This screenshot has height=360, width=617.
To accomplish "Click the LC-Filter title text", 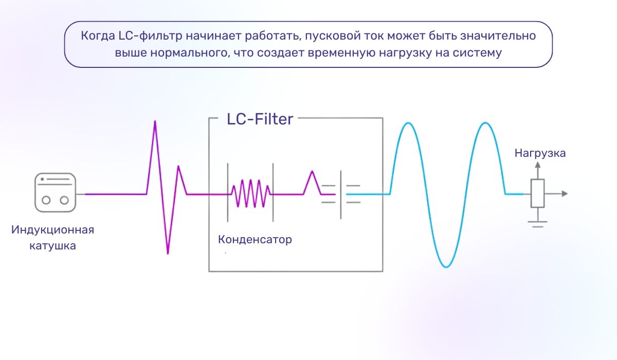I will [260, 119].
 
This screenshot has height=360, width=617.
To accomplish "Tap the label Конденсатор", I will [255, 240].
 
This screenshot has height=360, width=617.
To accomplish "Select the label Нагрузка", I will [540, 153].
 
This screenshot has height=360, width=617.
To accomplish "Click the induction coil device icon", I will [56, 193].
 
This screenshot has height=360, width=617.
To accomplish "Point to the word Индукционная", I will [53, 230].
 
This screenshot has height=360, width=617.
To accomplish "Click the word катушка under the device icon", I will [53, 246].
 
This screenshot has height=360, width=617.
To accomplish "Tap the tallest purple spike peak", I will [155, 122].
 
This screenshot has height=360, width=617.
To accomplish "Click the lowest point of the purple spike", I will [168, 253].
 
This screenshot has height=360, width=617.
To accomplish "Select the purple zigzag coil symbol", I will [250, 193].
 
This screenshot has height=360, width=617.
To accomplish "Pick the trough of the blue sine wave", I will [446, 266].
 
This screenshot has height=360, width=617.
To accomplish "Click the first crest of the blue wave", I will [408, 123].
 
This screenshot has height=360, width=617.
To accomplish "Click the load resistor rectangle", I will [537, 193].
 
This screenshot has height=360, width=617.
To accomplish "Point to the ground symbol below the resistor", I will [537, 223].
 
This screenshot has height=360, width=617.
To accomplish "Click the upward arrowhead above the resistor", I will [537, 165].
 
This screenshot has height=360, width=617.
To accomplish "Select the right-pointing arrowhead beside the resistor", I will [565, 194].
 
